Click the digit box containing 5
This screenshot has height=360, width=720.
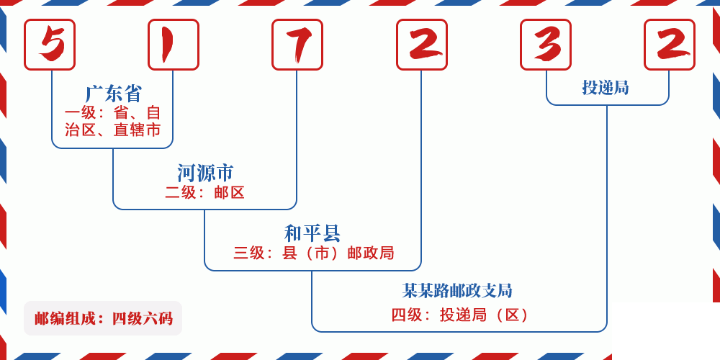50,45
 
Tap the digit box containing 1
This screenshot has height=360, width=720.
174,45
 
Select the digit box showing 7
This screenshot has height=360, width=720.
297,45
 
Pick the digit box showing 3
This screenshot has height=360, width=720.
546,45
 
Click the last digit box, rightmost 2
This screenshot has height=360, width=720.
670,45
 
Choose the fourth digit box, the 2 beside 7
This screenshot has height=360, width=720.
422,45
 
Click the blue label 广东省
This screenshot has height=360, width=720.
114,94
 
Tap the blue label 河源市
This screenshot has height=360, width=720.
205,173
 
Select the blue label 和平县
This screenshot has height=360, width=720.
312,233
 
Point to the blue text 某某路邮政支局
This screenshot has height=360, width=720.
458,291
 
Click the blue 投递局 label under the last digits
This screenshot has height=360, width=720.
606,88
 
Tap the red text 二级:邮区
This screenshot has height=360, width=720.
205,192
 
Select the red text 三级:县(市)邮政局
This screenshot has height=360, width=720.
314,253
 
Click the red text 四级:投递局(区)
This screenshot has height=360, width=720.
461,315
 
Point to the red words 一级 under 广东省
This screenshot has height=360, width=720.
79,113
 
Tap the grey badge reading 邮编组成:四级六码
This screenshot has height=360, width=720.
103,318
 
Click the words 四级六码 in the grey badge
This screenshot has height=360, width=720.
143,318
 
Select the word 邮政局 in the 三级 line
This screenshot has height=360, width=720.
371,253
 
